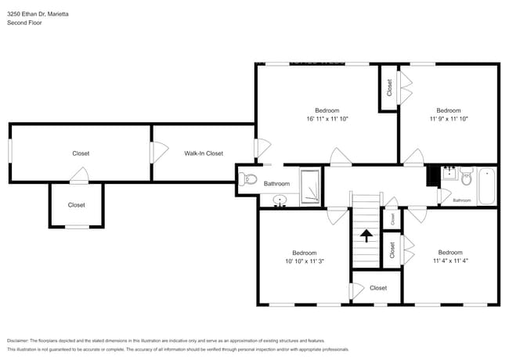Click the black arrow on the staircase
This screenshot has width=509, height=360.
(366, 234)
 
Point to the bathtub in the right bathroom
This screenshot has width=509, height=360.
(486, 185)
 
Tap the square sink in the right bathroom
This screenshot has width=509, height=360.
(449, 174)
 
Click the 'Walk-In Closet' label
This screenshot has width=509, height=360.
(204, 153)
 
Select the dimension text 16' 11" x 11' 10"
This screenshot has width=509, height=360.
(327, 119)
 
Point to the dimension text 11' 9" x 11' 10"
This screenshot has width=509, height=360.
(448, 119)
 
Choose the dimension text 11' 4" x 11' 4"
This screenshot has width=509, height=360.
(449, 261)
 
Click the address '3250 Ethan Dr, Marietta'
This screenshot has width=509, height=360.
(37, 13)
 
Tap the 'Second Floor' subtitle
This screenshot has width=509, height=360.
(24, 23)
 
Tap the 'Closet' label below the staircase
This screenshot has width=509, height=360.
(377, 288)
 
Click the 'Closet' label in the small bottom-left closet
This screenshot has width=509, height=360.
(76, 205)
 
